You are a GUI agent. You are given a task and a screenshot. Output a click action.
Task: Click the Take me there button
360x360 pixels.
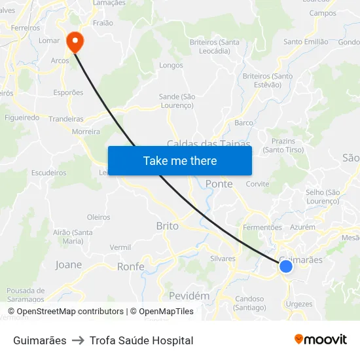coord(180,160)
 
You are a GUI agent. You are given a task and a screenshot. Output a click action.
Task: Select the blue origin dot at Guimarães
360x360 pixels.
coord(285,266)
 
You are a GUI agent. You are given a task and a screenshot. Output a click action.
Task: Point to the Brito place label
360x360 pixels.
coord(167,226)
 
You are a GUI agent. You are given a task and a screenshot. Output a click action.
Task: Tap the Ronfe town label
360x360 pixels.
coord(130,266)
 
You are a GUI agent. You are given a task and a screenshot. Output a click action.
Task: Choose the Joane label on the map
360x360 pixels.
coord(69,264)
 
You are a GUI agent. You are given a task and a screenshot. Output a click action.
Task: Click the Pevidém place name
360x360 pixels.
coord(189,296)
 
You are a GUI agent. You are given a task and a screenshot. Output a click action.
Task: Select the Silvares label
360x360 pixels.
coord(223,259)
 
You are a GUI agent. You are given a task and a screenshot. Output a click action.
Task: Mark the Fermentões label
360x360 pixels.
coord(262,227)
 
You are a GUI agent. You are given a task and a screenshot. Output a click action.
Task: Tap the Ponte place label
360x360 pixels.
coord(219,184)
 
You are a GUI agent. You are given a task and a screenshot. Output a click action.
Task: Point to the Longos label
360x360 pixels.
coord(171,65)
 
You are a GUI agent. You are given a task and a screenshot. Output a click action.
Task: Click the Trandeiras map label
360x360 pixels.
coord(66,119)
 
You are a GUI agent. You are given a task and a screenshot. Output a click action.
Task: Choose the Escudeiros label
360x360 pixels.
coord(49,173)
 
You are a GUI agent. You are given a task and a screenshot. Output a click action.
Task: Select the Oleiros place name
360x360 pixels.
coord(99,217)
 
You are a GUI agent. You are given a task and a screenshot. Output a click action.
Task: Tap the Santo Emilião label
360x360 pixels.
coord(306,42)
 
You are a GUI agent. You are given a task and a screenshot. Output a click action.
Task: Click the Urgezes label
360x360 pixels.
coord(299,304)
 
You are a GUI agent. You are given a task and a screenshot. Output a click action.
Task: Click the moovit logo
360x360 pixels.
coord(320,340)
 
